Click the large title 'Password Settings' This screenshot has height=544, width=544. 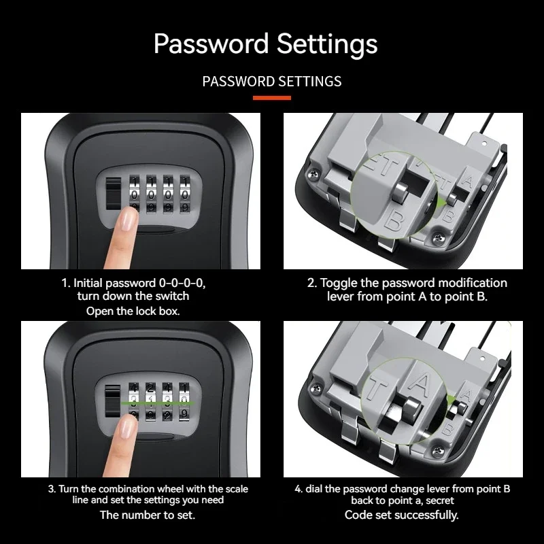click(x=265, y=44)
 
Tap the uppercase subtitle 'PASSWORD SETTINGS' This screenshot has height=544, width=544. click(x=272, y=82)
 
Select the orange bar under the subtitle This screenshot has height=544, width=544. click(x=272, y=98)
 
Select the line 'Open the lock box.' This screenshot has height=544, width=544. click(x=133, y=311)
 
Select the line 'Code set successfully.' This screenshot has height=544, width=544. click(x=401, y=515)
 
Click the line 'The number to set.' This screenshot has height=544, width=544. click(x=148, y=515)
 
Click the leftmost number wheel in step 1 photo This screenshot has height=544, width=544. click(x=133, y=193)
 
